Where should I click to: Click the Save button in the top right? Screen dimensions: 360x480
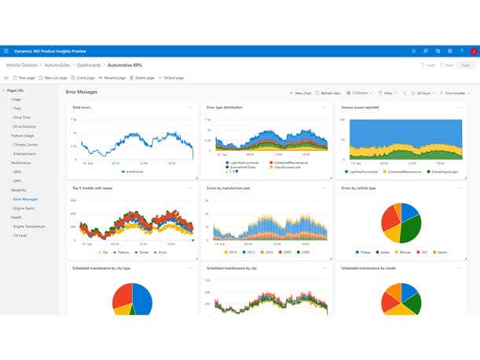click(x=466, y=65)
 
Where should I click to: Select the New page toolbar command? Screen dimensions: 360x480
click(x=26, y=78)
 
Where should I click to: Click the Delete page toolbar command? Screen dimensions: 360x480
click(x=144, y=78)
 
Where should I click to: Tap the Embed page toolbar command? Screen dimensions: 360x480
click(x=171, y=78)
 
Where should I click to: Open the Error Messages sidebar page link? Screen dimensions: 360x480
click(x=25, y=199)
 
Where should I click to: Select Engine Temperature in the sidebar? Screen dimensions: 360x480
click(x=29, y=226)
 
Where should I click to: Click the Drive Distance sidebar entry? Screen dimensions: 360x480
click(x=25, y=126)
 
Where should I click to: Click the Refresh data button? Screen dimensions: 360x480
click(x=328, y=93)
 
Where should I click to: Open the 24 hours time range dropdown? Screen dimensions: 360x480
click(x=425, y=93)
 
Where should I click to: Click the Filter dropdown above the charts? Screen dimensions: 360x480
click(x=388, y=93)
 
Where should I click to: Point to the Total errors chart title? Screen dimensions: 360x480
click(x=81, y=108)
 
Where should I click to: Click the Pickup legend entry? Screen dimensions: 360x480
click(x=362, y=252)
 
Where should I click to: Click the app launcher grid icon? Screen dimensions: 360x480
click(x=6, y=50)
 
